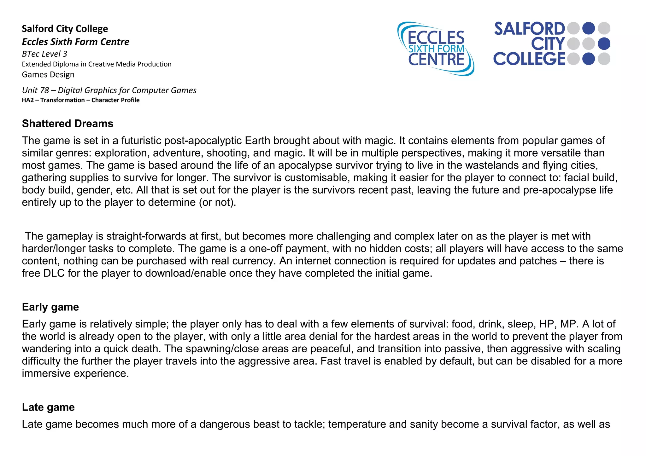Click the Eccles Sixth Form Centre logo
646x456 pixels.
pyautogui.click(x=436, y=49)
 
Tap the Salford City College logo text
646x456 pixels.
pyautogui.click(x=529, y=44)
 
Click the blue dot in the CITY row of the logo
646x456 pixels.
pyautogui.click(x=604, y=44)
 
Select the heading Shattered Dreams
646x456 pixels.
pyautogui.click(x=68, y=124)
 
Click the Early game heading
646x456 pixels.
pyautogui.click(x=50, y=307)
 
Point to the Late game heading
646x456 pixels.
pyautogui.click(x=48, y=407)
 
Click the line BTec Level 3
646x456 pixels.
pyautogui.click(x=44, y=54)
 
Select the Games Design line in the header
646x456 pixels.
pyautogui.click(x=48, y=75)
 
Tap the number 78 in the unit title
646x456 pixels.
pyautogui.click(x=44, y=90)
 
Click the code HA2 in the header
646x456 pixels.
pyautogui.click(x=28, y=100)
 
